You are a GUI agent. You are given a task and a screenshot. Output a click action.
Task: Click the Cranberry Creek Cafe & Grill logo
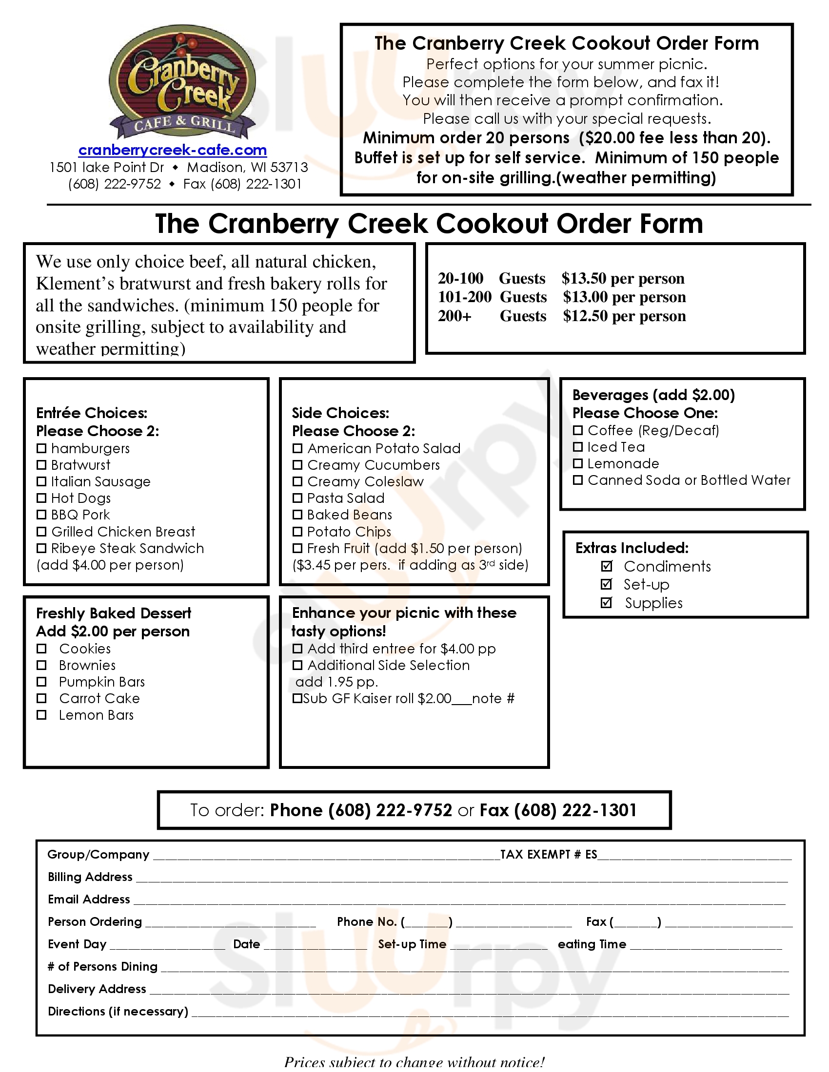[x=182, y=83]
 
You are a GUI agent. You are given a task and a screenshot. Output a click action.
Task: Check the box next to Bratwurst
[x=42, y=465]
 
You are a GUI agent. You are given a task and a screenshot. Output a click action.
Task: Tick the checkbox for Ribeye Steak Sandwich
[x=42, y=548]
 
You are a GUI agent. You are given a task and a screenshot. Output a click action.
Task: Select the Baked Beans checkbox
[x=297, y=515]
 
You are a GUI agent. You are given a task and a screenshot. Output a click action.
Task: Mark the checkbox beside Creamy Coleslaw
[x=297, y=481]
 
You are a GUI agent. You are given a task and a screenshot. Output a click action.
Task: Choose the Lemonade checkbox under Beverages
[x=578, y=463]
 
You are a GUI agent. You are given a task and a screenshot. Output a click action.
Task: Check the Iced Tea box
[x=578, y=447]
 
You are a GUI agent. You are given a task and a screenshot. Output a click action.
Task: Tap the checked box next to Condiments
[x=607, y=566]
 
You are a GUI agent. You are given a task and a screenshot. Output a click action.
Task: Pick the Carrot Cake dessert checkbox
[x=42, y=698]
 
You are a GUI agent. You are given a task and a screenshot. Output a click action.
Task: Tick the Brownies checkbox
[x=42, y=665]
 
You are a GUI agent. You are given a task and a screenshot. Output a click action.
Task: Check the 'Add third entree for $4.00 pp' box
[x=297, y=649]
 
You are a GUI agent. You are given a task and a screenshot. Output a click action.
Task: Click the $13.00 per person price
[x=624, y=297]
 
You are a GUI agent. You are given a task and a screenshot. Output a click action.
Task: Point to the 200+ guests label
[x=455, y=316]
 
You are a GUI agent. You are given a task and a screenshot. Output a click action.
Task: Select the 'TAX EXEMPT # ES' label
[x=549, y=855]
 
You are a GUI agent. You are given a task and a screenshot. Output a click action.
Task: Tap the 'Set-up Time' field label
[x=412, y=944]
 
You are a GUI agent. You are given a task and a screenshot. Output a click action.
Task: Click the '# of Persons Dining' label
[x=102, y=966]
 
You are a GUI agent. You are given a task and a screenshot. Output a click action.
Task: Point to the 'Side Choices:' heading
[x=340, y=413]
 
